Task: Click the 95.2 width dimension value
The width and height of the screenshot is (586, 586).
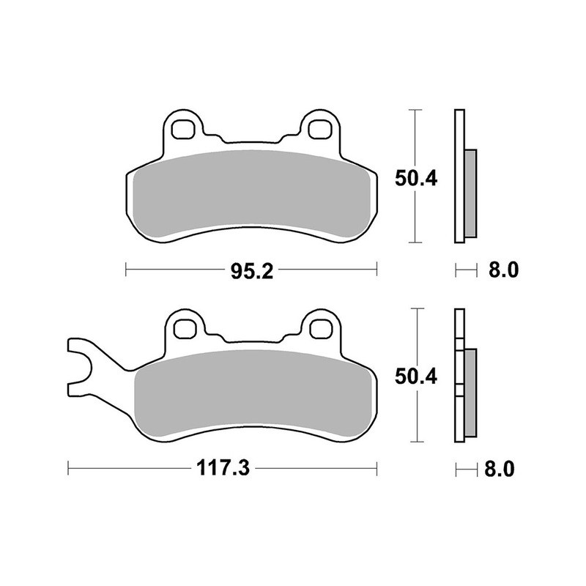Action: tap(252, 271)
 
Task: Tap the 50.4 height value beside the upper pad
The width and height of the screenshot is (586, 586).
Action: tap(416, 177)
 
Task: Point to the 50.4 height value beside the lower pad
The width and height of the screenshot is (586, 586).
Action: tap(416, 377)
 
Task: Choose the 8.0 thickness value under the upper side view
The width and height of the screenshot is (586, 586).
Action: tap(503, 271)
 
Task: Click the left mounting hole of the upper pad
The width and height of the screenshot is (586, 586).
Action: tap(182, 130)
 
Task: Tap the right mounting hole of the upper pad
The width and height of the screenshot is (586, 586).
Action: tap(319, 130)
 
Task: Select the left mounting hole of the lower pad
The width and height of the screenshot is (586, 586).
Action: tap(182, 328)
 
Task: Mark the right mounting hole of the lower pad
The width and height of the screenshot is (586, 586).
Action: tap(319, 328)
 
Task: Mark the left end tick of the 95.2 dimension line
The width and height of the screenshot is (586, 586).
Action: tap(127, 271)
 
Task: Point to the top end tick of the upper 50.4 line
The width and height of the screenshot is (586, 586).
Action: tap(416, 110)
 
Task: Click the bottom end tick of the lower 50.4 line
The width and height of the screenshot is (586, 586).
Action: tap(416, 442)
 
